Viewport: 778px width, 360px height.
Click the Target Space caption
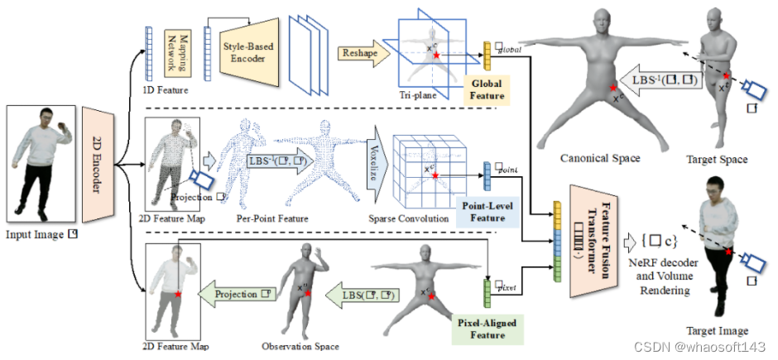point(718,160)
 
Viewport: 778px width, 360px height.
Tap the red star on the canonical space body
point(612,87)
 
